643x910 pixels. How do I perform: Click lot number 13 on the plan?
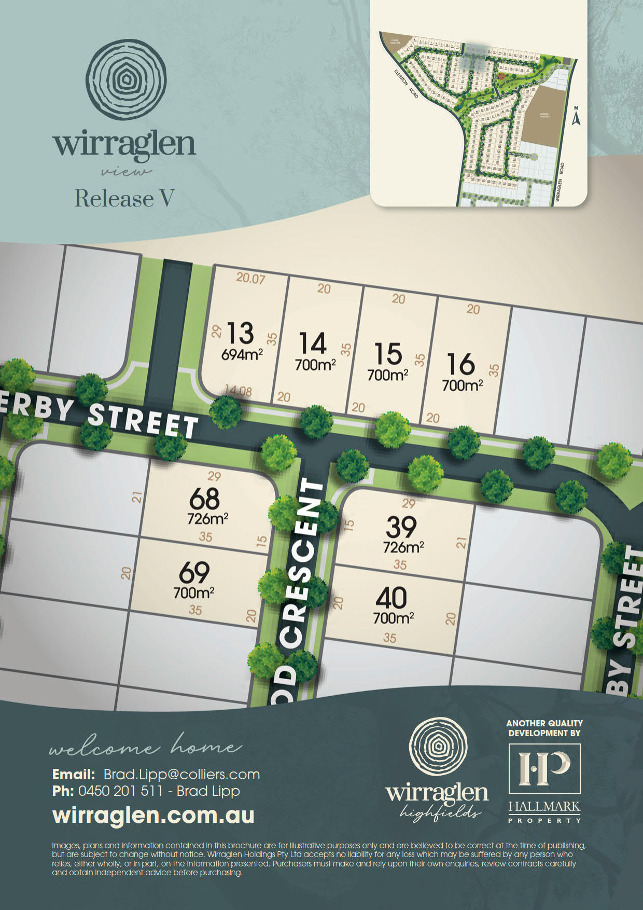[240, 333]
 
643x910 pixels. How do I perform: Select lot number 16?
[460, 364]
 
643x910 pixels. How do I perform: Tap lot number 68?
[204, 499]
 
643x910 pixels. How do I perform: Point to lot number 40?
[391, 598]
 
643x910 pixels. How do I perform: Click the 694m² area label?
[242, 355]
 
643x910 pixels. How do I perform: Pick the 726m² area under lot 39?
[403, 547]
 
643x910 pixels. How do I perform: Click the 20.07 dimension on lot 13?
[250, 278]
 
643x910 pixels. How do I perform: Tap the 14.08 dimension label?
[238, 391]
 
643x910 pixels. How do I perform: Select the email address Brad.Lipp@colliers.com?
[181, 775]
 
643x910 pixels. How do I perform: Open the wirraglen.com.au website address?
[153, 815]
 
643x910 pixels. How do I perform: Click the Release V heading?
[124, 198]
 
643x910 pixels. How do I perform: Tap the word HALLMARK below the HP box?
[544, 807]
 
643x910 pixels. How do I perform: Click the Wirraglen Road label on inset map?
[560, 182]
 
